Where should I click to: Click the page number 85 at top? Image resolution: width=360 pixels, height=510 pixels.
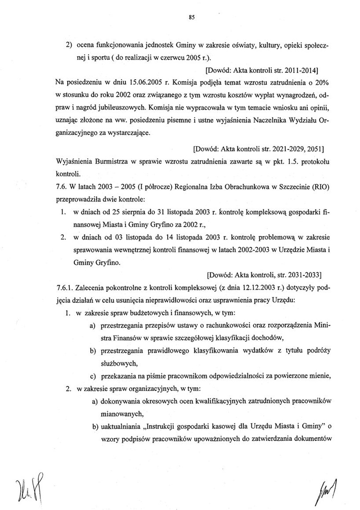coord(192,17)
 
